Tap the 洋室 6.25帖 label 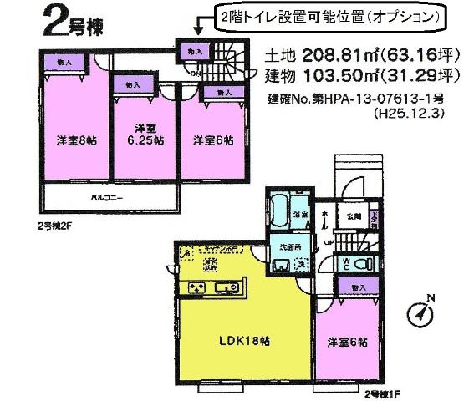coord(145,134)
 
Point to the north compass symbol coord(423,313)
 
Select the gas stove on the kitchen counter coord(198,289)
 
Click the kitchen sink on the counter coord(227,289)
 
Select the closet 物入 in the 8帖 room coord(64,62)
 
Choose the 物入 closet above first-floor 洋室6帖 coord(357,287)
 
